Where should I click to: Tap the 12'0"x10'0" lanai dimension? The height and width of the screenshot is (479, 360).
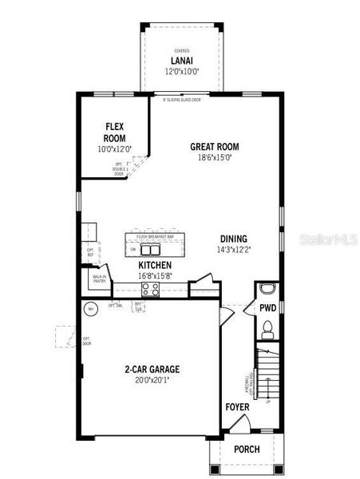pyautogui.click(x=182, y=72)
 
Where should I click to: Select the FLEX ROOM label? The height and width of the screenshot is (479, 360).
pyautogui.click(x=114, y=133)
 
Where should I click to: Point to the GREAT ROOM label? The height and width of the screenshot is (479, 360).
pyautogui.click(x=214, y=147)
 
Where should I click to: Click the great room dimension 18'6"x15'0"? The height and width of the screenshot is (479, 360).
pyautogui.click(x=214, y=158)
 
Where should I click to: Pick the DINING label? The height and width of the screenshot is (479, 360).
pyautogui.click(x=234, y=239)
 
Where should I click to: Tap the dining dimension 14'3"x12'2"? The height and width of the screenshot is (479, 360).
pyautogui.click(x=234, y=250)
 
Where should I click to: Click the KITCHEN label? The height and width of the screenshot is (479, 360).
pyautogui.click(x=155, y=265)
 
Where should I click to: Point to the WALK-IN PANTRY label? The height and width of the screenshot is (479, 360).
pyautogui.click(x=100, y=279)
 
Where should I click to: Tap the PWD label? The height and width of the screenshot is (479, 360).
pyautogui.click(x=267, y=307)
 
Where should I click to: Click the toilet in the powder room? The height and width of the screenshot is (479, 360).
pyautogui.click(x=268, y=327)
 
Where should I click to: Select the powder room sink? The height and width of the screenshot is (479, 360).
pyautogui.click(x=267, y=288)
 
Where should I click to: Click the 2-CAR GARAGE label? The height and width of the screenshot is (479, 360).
pyautogui.click(x=152, y=370)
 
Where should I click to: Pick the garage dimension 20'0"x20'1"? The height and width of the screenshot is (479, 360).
pyautogui.click(x=152, y=381)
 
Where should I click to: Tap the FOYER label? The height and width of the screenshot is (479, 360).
pyautogui.click(x=237, y=408)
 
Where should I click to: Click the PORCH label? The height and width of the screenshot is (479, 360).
pyautogui.click(x=247, y=449)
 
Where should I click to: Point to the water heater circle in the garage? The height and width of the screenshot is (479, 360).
pyautogui.click(x=91, y=308)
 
